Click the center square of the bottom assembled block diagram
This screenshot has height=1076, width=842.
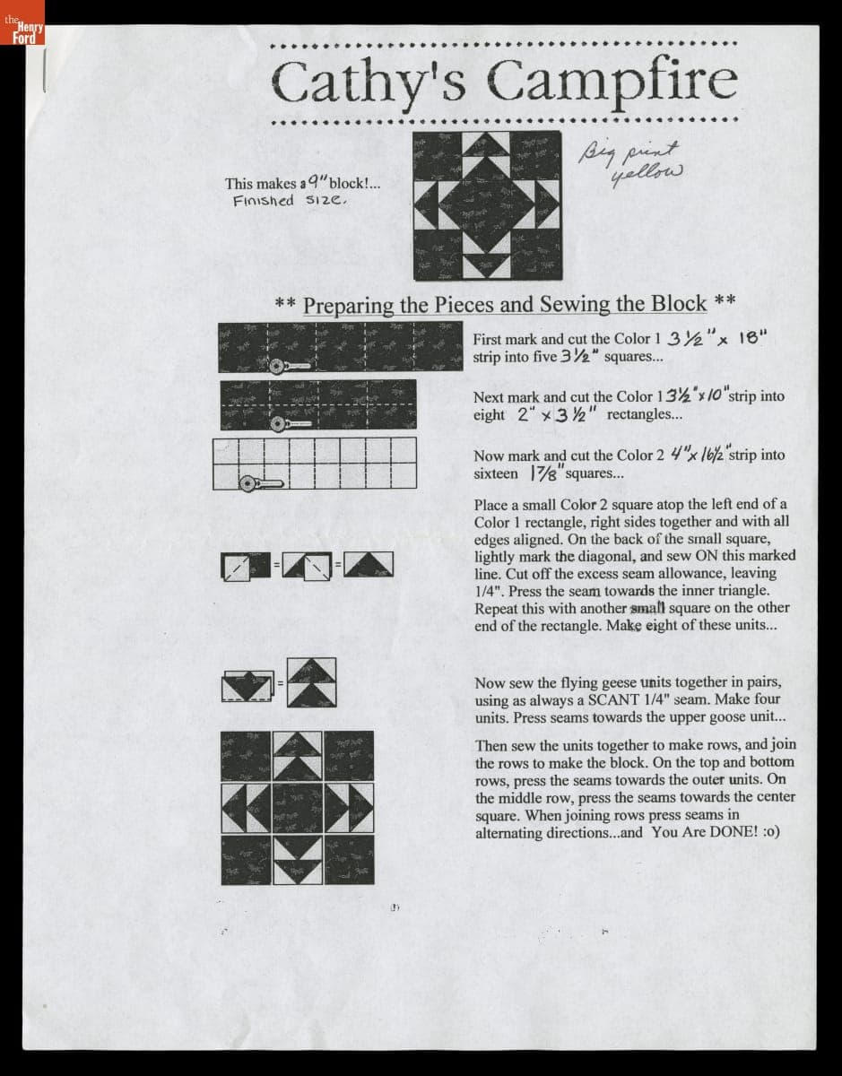(x=298, y=807)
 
